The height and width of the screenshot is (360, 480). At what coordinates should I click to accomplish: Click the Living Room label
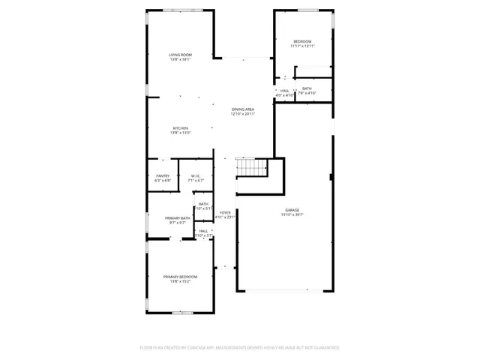(180, 55)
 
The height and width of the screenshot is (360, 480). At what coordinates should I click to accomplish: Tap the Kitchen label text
(180, 128)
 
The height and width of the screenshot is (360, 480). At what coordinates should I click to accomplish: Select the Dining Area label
(243, 109)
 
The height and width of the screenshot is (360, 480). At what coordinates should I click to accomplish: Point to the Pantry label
(163, 176)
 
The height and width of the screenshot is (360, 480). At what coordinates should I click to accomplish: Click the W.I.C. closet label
(195, 176)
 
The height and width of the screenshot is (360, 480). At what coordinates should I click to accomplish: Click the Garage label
(292, 210)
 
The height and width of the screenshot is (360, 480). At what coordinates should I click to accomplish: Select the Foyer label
(226, 213)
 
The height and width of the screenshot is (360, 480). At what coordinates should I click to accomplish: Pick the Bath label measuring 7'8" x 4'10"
(307, 88)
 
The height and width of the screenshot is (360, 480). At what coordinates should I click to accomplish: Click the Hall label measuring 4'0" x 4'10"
(285, 91)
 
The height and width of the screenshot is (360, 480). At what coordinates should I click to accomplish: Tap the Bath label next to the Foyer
(204, 204)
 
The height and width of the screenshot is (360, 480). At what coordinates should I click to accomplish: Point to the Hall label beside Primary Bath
(204, 231)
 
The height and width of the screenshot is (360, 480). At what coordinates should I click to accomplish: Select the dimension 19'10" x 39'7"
(292, 214)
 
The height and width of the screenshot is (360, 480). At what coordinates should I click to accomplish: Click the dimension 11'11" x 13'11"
(302, 46)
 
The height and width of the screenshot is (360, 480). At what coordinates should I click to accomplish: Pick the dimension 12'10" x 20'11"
(243, 114)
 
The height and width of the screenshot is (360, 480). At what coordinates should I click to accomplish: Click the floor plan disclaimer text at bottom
(240, 347)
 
